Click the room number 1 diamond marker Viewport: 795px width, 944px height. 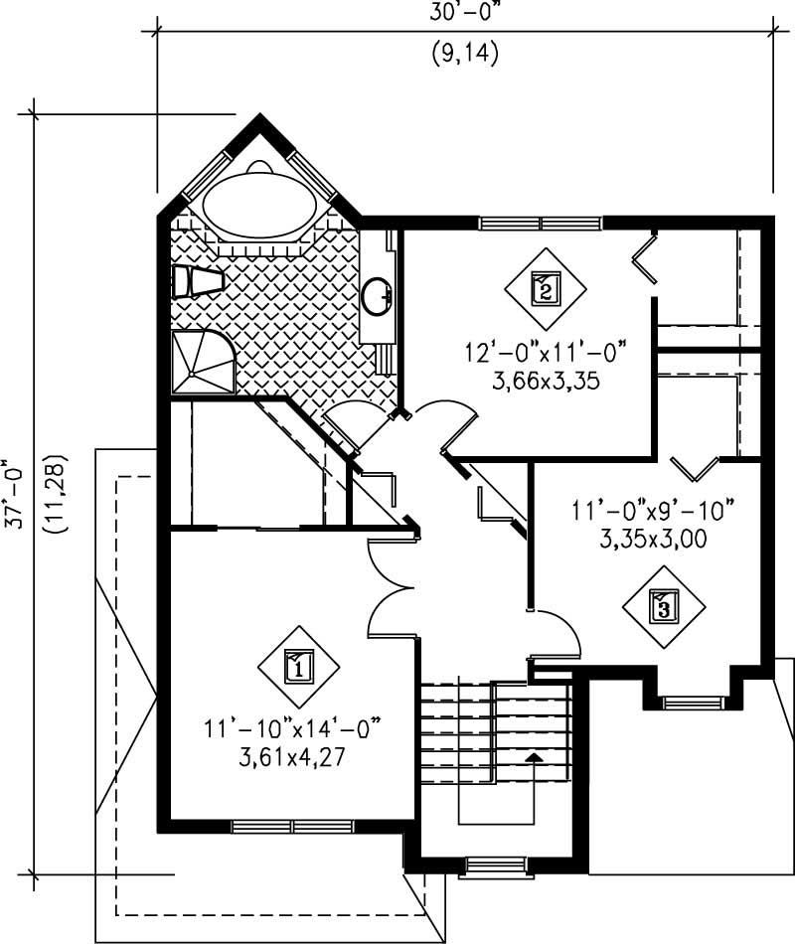click(299, 667)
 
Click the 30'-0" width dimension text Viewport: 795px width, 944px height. click(465, 13)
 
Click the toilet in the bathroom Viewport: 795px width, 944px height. click(195, 281)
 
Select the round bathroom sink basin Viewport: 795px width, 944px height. click(378, 295)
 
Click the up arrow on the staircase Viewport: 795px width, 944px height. click(535, 758)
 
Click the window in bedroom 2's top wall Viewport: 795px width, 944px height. click(541, 223)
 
